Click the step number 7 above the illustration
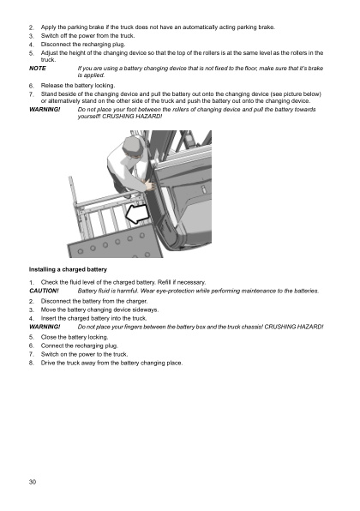(x=31, y=93)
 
